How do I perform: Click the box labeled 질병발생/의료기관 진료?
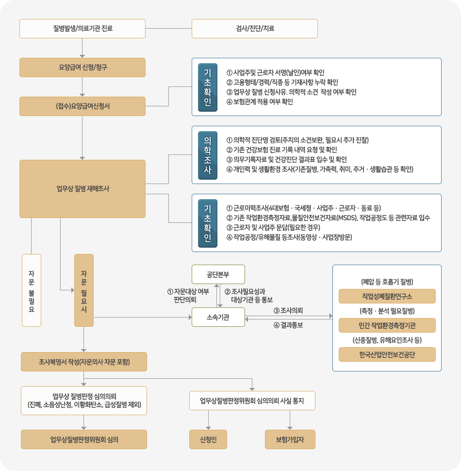click(x=82, y=29)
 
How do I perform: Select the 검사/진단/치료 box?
click(x=255, y=29)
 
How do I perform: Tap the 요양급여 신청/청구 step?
click(x=82, y=67)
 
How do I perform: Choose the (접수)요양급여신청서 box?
click(x=82, y=106)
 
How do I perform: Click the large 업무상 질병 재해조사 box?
click(x=82, y=189)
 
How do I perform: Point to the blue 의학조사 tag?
click(x=208, y=155)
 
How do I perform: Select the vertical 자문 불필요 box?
click(x=32, y=290)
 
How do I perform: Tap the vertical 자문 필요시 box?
click(x=84, y=290)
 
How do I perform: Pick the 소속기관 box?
click(x=218, y=317)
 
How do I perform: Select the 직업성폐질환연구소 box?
click(x=387, y=296)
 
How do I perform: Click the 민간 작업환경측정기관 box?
click(x=387, y=325)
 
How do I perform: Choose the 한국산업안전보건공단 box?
click(x=387, y=354)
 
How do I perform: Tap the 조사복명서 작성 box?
click(x=84, y=362)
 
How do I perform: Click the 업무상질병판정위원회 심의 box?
click(x=84, y=439)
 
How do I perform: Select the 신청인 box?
click(x=208, y=439)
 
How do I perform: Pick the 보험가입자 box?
click(x=290, y=439)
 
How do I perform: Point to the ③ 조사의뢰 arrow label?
click(x=288, y=310)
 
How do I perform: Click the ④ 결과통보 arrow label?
click(x=288, y=325)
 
